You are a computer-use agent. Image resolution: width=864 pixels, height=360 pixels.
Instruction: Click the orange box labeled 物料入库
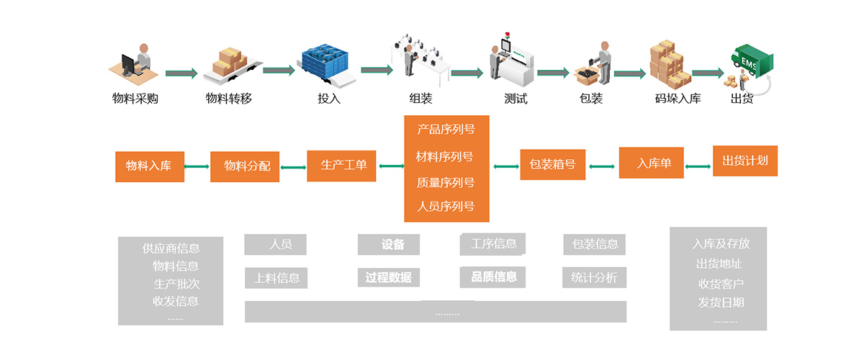[x=149, y=166]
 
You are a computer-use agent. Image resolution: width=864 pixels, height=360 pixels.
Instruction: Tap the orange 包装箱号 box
[x=552, y=164]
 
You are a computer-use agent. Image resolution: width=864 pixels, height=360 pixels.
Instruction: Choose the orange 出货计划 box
[x=745, y=161]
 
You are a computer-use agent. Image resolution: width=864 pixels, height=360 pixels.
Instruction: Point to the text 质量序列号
[x=446, y=182]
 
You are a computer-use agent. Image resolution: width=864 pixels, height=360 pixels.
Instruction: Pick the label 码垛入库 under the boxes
[x=678, y=99]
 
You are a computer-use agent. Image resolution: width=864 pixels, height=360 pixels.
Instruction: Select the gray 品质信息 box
[x=493, y=276]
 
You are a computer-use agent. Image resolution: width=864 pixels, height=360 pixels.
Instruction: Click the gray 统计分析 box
[x=594, y=277]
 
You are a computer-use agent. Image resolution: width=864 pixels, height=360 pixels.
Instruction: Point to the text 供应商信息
[x=171, y=249]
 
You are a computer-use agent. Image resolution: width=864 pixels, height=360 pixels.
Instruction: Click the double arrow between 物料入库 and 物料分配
[x=197, y=167]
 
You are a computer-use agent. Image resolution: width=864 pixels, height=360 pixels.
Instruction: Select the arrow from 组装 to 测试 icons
[x=467, y=73]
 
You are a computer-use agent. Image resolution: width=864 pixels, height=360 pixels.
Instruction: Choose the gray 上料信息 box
[x=276, y=277]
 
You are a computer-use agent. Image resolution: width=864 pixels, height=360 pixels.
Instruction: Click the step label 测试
[x=516, y=99]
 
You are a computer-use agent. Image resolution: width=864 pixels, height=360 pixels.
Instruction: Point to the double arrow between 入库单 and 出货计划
[x=698, y=166]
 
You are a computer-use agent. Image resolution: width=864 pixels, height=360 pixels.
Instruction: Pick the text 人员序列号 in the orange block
[x=446, y=206]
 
